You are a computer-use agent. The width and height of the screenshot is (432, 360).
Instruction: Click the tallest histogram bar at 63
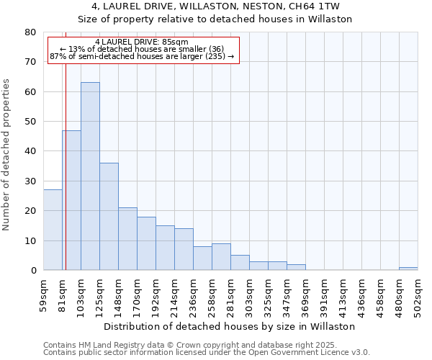(x=90, y=176)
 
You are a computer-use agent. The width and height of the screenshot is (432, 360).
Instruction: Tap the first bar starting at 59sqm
(x=53, y=230)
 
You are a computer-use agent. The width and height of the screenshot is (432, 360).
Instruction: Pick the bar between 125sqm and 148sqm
(x=109, y=216)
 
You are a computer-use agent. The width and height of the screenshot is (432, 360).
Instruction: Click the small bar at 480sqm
(x=408, y=269)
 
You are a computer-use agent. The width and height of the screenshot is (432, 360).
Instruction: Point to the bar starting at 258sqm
(x=221, y=257)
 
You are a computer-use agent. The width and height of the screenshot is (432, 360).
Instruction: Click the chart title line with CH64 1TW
(x=215, y=6)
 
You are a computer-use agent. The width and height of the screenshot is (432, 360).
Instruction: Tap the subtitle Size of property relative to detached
(x=215, y=19)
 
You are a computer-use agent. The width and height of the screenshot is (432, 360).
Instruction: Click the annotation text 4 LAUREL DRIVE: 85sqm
(x=141, y=42)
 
